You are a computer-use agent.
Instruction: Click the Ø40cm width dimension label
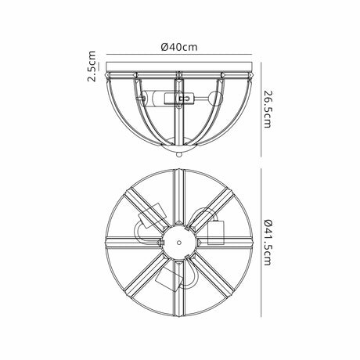click(178, 47)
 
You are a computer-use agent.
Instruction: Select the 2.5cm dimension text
click(92, 67)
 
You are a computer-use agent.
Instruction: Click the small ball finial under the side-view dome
click(178, 154)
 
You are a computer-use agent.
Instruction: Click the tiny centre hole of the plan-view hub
click(178, 243)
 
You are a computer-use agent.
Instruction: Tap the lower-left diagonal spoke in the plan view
click(147, 274)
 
